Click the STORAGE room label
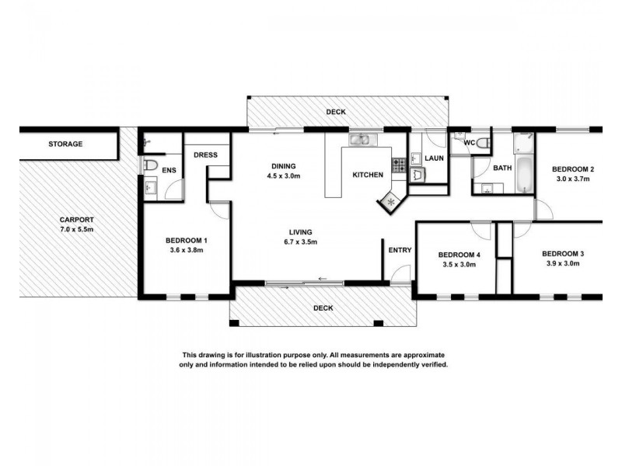(65, 144)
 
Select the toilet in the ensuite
(152, 165)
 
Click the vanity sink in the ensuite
(149, 187)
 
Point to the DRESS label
(206, 155)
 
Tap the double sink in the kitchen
(362, 141)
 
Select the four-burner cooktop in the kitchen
(398, 165)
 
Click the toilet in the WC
(482, 142)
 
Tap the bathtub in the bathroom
(524, 173)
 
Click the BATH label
(502, 168)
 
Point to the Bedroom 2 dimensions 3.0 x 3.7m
(573, 179)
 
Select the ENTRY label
(400, 250)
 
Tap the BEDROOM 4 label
(460, 255)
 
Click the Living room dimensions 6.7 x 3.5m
(300, 242)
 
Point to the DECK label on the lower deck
(323, 308)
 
